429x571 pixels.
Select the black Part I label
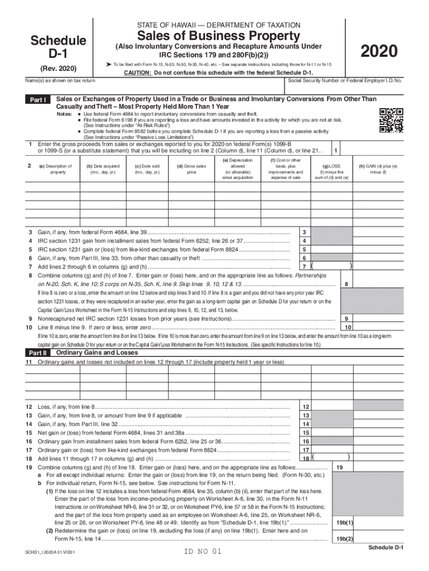(x=38, y=100)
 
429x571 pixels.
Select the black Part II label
(x=38, y=353)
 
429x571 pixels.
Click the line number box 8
(x=347, y=284)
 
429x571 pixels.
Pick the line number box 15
(x=305, y=432)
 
